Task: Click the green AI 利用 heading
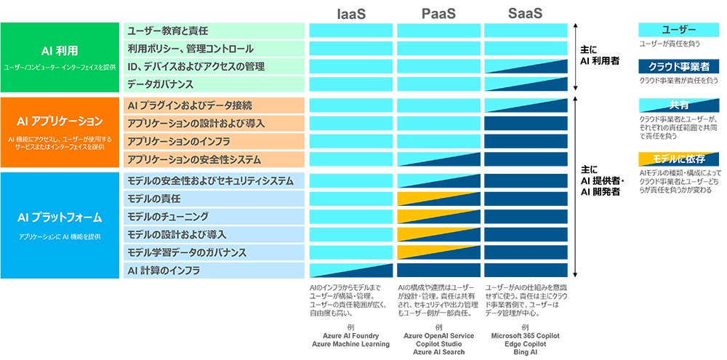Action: [60, 51]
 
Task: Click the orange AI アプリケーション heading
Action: [60, 121]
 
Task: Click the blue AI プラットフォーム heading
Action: [60, 217]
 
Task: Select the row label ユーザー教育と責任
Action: [167, 31]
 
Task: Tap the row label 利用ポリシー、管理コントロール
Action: [190, 49]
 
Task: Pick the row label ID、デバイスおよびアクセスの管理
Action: [196, 67]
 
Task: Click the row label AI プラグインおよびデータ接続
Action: [189, 105]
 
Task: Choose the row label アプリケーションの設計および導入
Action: [196, 124]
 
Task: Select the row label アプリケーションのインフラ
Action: [178, 141]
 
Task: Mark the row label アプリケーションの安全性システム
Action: [193, 159]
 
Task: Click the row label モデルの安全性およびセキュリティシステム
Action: [210, 180]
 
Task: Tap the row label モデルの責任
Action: [153, 199]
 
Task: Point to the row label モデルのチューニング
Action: [167, 217]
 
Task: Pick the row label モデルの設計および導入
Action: [177, 234]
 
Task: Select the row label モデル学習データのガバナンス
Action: [187, 252]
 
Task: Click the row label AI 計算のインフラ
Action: [164, 271]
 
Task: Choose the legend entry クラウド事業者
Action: [678, 67]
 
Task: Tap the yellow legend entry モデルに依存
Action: [678, 159]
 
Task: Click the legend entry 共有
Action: [678, 105]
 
